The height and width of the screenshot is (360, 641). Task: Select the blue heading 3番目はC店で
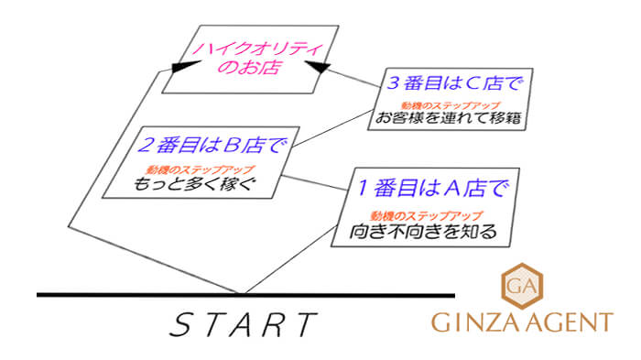pyautogui.click(x=454, y=85)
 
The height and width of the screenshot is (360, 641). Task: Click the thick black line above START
pyautogui.click(x=245, y=295)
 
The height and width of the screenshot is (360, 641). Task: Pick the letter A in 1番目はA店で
pyautogui.click(x=455, y=190)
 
